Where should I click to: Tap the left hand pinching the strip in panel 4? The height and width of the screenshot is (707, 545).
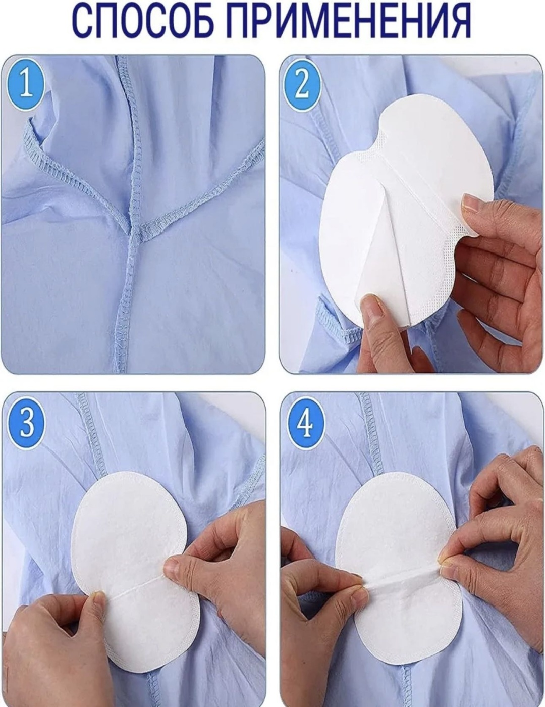(322, 582)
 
